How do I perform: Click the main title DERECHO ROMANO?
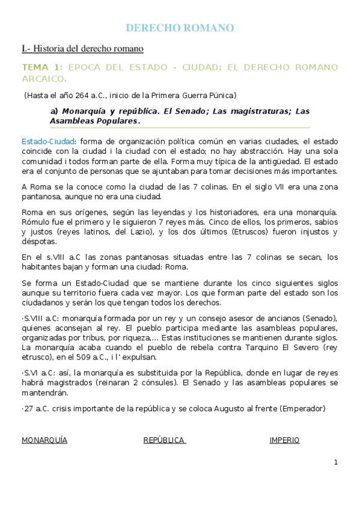180,28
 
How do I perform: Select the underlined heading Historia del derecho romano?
88,48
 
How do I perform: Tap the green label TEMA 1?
41,67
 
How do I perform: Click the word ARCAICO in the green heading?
43,78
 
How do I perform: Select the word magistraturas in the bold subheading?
241,111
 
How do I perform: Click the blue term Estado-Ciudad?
45,141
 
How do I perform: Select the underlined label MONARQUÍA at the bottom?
44,440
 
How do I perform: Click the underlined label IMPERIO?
284,440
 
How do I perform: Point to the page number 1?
336,462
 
